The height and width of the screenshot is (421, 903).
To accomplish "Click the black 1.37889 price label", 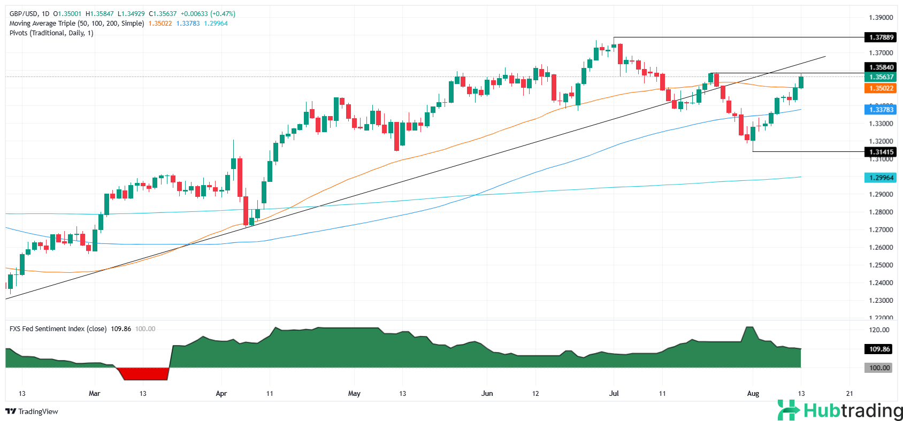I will coord(881,37).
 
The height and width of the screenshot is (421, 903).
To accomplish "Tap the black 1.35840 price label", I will coord(881,67).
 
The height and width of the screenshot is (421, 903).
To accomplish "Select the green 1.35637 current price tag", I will coord(881,77).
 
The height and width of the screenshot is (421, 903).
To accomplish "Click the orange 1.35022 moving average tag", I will coord(881,88).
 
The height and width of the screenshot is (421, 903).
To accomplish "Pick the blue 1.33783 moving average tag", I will coord(881,110).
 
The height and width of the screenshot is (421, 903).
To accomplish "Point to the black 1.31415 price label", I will coord(881,152).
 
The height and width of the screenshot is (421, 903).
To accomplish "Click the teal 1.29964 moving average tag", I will coord(881,178).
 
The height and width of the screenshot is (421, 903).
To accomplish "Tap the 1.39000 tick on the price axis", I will coord(881,18).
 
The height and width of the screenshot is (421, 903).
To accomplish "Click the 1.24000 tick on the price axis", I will coord(881,282).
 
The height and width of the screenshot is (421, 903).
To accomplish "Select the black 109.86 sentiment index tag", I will coord(879,349).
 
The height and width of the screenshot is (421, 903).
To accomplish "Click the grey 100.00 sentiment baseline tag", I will coord(879,368).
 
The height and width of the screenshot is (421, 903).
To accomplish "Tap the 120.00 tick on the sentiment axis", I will coord(879,330).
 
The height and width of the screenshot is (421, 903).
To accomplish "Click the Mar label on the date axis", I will coord(94,394).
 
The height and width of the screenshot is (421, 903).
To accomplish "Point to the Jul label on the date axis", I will coord(614,394).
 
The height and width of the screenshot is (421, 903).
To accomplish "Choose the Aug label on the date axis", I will coord(753,394).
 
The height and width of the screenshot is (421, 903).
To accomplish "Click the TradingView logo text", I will coord(37,411).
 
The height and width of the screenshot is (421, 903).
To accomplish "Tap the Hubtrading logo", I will coord(840,411).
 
